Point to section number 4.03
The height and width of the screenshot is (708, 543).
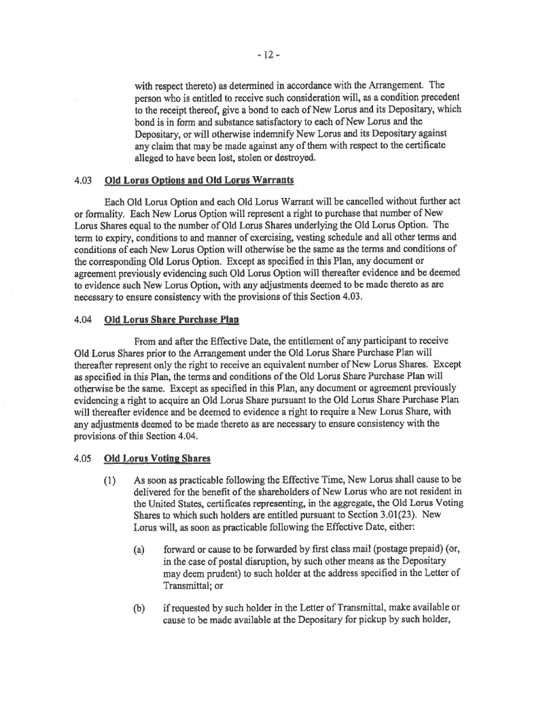[x=83, y=182]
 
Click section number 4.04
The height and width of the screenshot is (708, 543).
[x=83, y=319]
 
